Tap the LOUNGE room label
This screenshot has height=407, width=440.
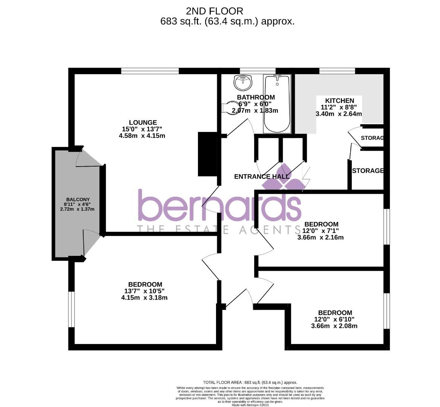(x=143, y=122)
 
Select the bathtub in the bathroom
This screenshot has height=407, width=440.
(x=277, y=104)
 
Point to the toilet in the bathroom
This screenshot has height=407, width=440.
(x=229, y=107)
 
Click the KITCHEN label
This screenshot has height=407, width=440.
(x=339, y=101)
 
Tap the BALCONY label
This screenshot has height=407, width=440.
(x=78, y=199)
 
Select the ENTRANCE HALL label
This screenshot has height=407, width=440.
(x=262, y=176)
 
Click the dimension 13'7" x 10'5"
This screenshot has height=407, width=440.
(x=144, y=291)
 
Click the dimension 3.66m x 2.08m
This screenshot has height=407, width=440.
(x=334, y=326)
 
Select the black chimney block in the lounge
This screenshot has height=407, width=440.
(x=207, y=154)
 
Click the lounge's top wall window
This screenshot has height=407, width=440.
(x=150, y=71)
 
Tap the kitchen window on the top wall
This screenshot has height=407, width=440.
(x=337, y=71)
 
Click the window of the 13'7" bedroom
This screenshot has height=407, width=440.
(x=71, y=309)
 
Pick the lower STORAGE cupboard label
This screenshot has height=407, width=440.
(x=368, y=171)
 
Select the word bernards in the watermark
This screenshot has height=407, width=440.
(x=220, y=206)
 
